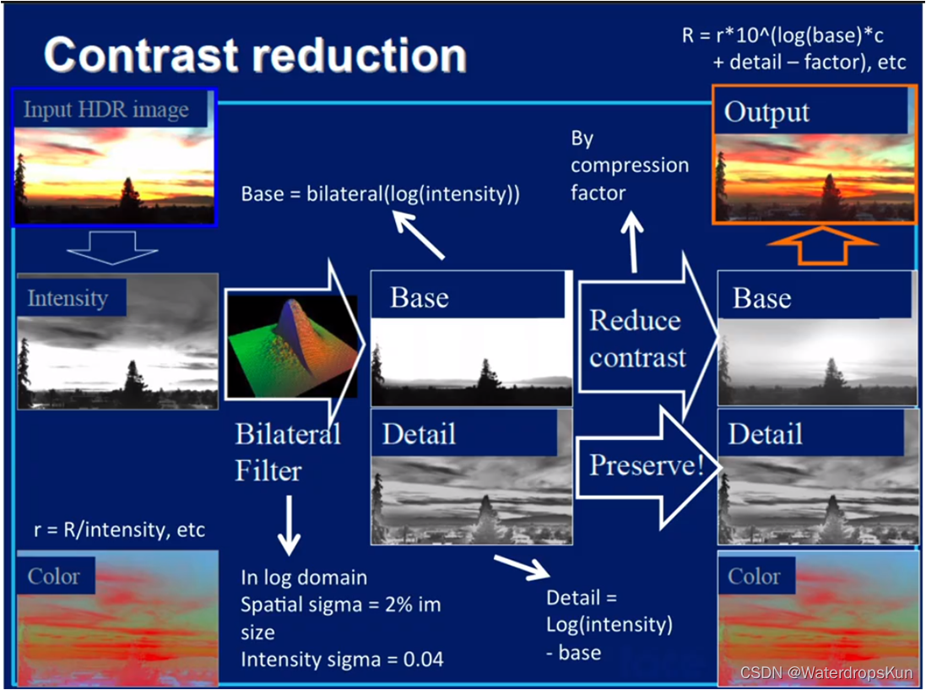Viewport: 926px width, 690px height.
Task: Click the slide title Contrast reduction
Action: (x=255, y=55)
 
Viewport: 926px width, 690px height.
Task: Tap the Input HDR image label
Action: (x=106, y=110)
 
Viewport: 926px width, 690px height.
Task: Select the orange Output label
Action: (x=766, y=112)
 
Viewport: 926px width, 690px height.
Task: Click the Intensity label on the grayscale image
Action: (x=68, y=298)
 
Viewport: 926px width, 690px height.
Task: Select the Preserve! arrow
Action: (x=646, y=465)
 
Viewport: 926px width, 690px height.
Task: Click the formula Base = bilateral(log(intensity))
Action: (x=380, y=193)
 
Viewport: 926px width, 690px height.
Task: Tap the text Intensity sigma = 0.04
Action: (x=342, y=659)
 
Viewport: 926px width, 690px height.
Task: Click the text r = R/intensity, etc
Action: (x=119, y=530)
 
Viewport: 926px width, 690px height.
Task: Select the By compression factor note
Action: (x=629, y=165)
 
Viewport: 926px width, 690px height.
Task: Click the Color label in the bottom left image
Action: (x=54, y=577)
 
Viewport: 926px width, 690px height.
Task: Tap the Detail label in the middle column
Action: (x=419, y=434)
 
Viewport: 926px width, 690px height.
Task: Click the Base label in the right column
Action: (x=761, y=298)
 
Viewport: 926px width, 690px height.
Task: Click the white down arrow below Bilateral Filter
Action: (x=289, y=524)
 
